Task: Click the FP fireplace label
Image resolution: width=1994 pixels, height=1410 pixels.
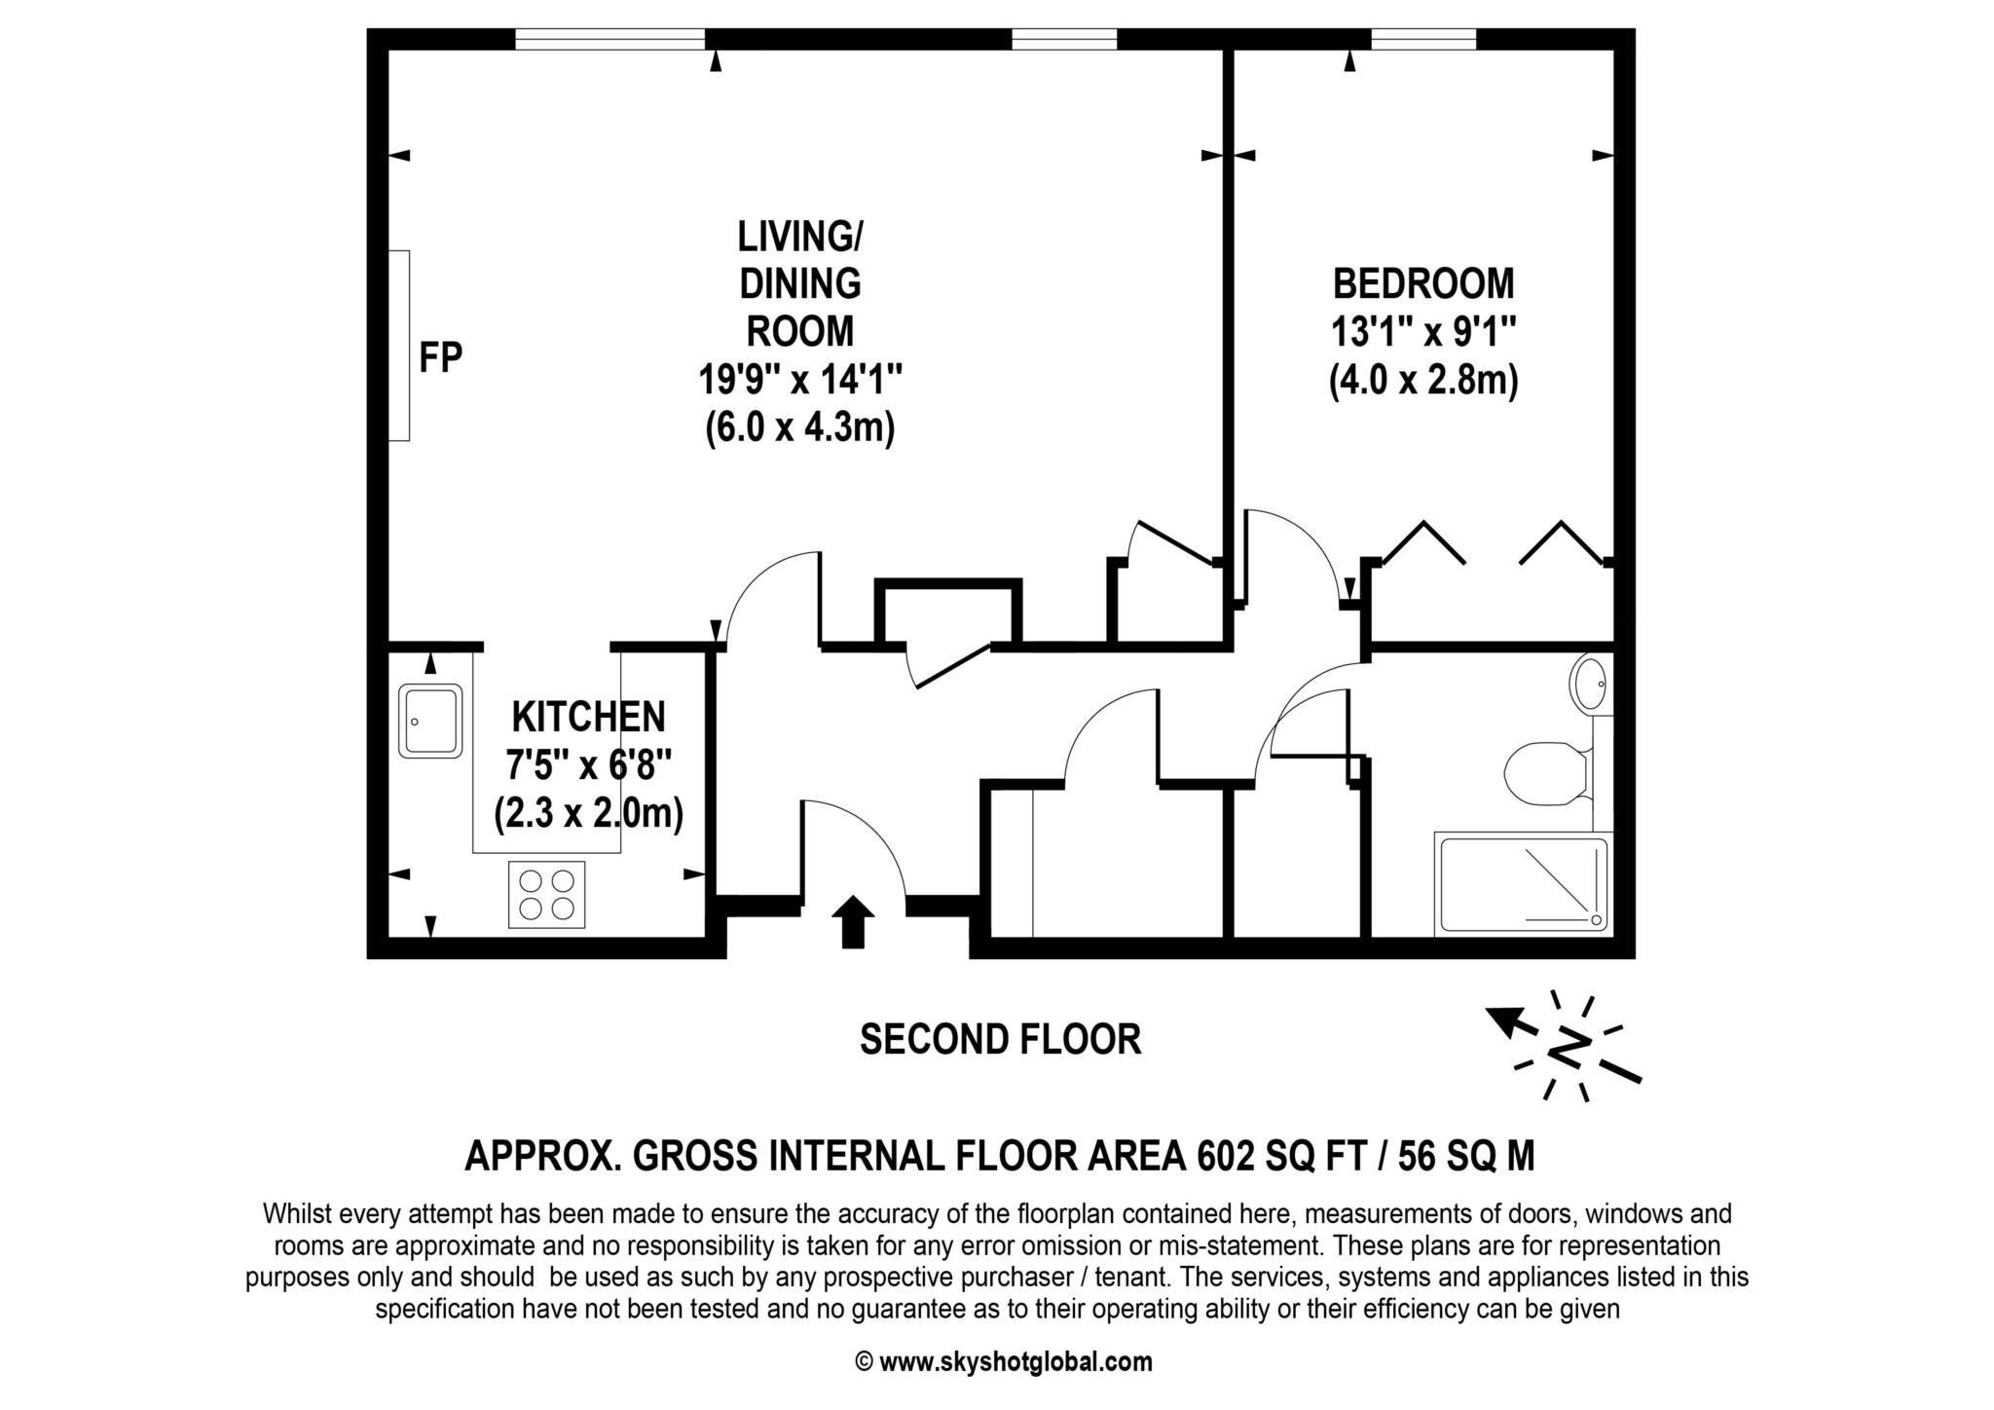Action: [440, 357]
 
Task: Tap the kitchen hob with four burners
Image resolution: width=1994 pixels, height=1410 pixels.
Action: [546, 894]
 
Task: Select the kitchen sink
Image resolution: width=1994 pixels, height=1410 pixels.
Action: [429, 722]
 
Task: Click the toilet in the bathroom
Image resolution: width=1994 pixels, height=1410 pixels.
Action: [1548, 774]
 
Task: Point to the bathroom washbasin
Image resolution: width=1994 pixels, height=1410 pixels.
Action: [1589, 684]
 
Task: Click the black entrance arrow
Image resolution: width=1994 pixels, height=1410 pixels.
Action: [853, 921]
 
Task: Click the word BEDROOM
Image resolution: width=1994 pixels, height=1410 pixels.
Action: [1423, 283]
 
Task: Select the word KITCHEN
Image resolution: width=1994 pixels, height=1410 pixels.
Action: [589, 717]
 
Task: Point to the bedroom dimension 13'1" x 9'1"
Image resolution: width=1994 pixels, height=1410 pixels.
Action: [1423, 332]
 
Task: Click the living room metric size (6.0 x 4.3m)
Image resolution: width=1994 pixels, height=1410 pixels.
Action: [799, 427]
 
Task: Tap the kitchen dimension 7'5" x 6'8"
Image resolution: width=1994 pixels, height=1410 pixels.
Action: [589, 765]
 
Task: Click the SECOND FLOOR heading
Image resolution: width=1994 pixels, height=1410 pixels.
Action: [1000, 1039]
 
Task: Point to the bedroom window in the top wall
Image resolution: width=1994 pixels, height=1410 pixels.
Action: [1423, 39]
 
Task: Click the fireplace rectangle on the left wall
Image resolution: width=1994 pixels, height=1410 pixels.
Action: [399, 346]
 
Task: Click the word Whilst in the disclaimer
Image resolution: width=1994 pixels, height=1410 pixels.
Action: [294, 1214]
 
